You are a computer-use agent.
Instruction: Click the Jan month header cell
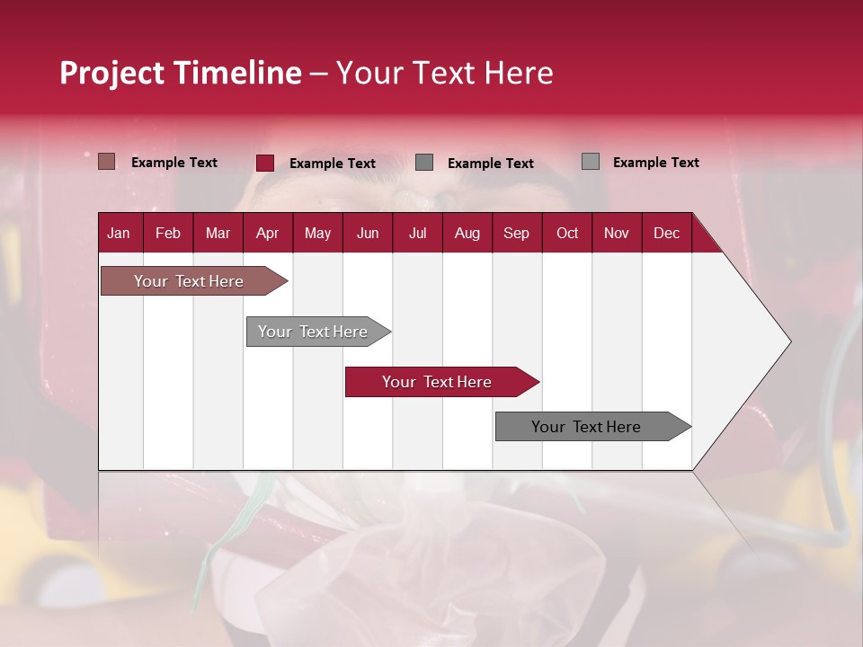119,233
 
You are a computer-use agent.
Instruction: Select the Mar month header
218,233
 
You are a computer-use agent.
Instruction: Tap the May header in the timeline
317,233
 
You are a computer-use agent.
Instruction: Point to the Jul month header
417,233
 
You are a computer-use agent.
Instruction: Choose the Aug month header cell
467,233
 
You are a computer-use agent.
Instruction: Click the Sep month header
516,233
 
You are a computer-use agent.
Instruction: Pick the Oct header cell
566,233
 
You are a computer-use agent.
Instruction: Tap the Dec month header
666,233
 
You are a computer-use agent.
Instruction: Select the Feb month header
168,233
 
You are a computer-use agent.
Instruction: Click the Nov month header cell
616,233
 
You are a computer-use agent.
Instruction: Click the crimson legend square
265,163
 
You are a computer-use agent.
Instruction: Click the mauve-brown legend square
106,162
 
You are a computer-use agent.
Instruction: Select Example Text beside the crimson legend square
333,164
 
